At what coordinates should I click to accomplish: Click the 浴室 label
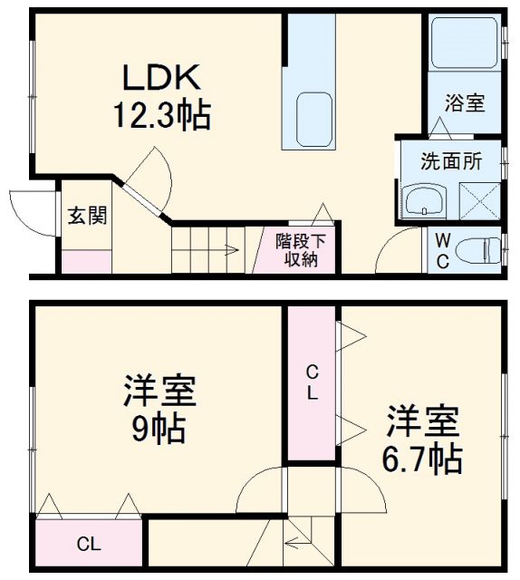[x=464, y=103]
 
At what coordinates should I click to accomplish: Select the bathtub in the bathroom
[x=463, y=45]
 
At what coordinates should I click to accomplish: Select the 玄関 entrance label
[x=88, y=216]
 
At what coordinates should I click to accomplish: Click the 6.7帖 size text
[x=425, y=459]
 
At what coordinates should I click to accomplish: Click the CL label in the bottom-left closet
[x=88, y=545]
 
